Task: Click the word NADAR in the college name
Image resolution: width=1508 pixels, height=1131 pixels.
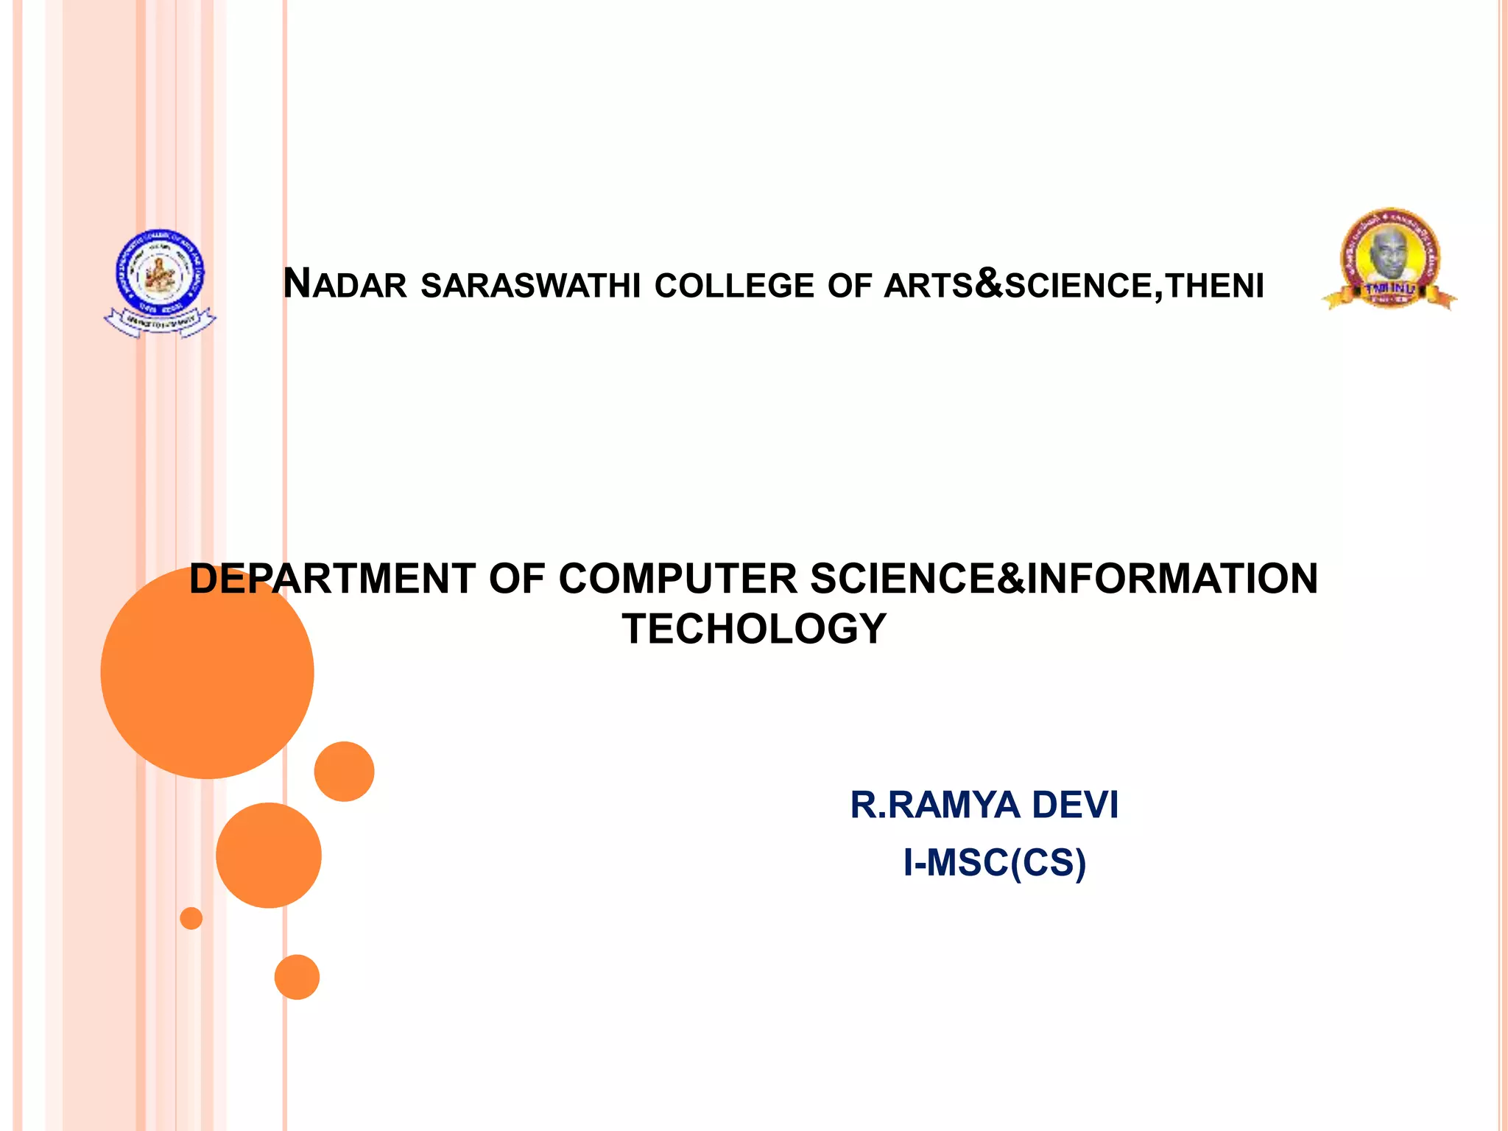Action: pos(345,284)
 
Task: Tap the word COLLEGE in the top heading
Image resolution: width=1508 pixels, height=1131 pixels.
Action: pos(734,286)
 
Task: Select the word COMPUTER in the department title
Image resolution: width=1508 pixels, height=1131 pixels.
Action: pos(677,579)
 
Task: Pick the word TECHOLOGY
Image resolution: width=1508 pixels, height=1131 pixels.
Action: pos(754,629)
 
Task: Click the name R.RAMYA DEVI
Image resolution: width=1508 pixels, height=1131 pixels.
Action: pos(984,804)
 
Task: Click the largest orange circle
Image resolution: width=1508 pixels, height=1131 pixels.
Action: pos(207,672)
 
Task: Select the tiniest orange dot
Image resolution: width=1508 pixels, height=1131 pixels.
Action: pos(191,918)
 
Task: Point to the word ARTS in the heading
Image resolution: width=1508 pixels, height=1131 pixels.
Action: pos(929,286)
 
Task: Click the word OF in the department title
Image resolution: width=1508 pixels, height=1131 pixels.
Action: pos(517,579)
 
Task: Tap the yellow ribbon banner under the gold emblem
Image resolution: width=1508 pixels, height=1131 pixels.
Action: pos(1389,293)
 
